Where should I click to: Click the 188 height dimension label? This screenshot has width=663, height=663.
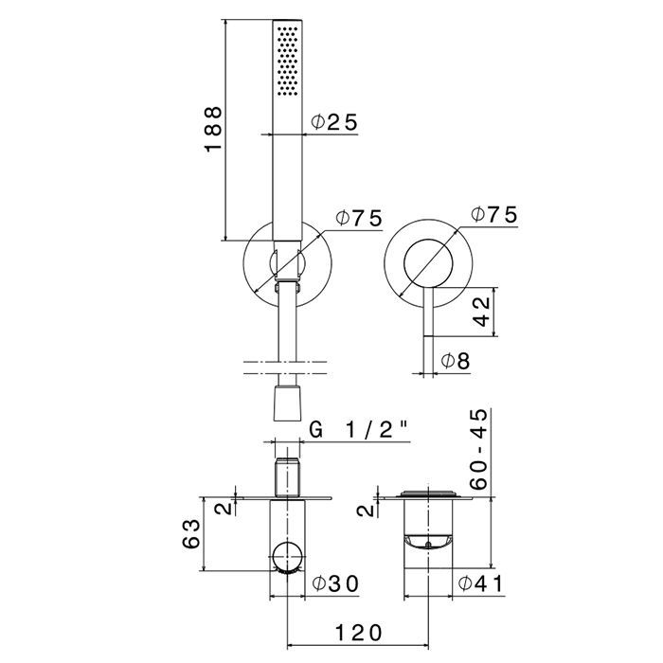(213, 129)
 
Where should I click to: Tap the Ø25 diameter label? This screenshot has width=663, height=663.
(334, 122)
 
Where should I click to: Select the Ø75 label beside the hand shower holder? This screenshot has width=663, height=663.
(359, 218)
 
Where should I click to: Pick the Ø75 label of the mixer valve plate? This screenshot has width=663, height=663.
(494, 214)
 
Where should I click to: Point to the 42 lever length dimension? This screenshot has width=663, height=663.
(481, 312)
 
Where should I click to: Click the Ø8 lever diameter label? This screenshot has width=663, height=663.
(456, 361)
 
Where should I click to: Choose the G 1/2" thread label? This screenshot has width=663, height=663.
(360, 430)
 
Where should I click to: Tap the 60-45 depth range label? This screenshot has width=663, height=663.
(479, 450)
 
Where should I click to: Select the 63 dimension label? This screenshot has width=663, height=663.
(191, 534)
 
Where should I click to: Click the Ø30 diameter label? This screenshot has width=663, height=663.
(335, 584)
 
